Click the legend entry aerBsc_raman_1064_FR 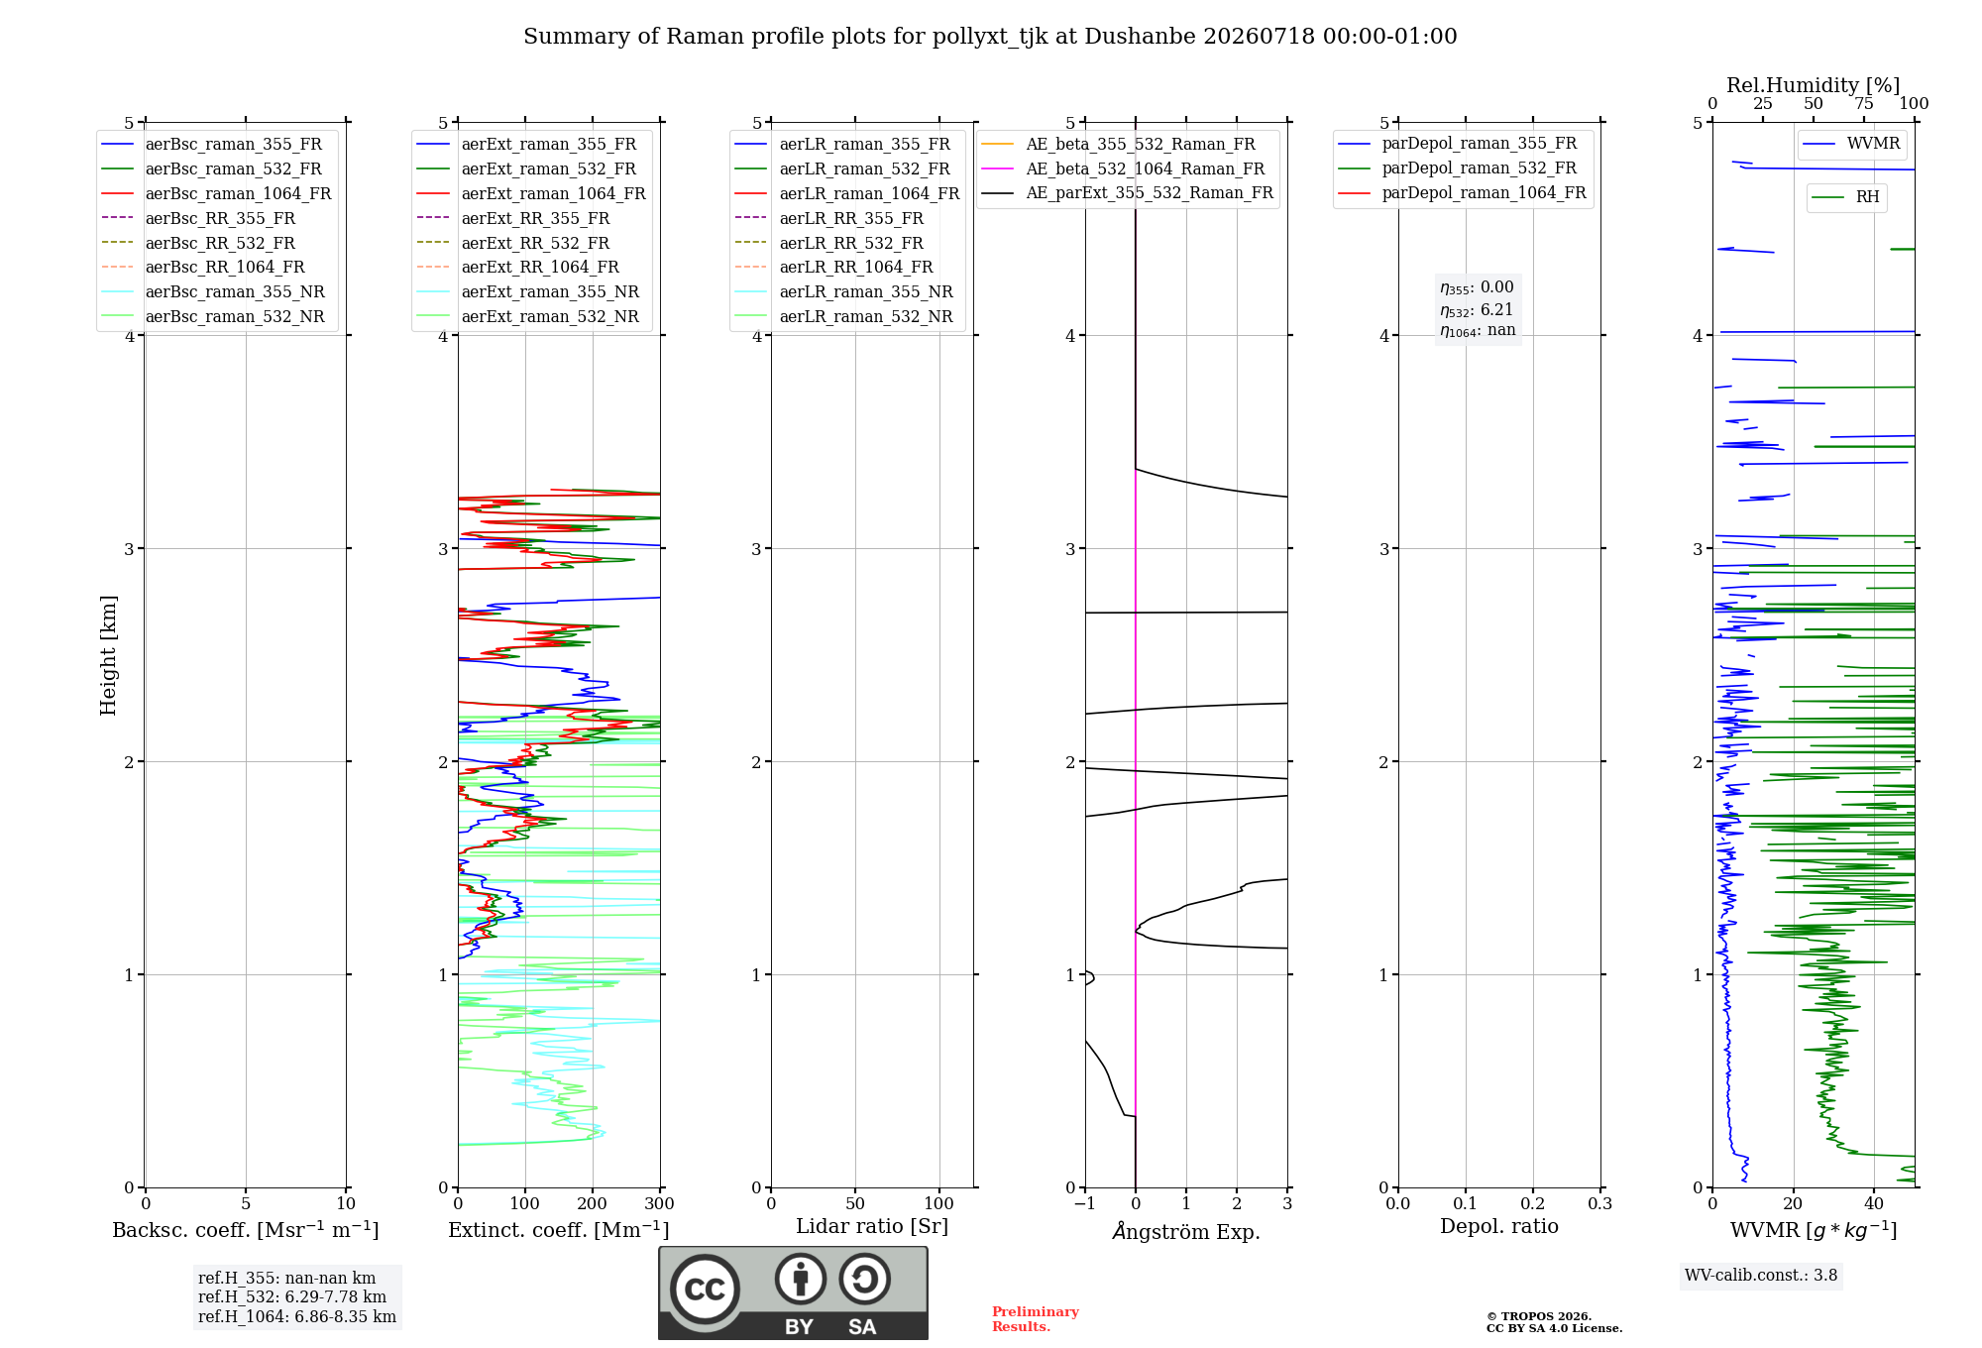tap(216, 194)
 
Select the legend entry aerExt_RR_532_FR tap(513, 243)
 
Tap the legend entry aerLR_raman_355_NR tap(843, 292)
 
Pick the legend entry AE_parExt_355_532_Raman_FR tap(1128, 193)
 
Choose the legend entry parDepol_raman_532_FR tap(1458, 168)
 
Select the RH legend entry tap(1846, 197)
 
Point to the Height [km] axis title tap(108, 655)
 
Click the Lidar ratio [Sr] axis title tap(872, 1226)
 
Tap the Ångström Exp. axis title tap(1186, 1231)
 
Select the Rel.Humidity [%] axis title tap(1814, 85)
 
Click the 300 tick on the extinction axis tap(659, 1203)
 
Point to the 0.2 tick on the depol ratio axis tap(1533, 1203)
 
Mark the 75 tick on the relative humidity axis tap(1864, 103)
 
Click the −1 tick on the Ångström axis tap(1085, 1203)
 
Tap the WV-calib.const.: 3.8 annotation tap(1761, 1276)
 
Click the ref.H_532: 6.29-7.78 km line tap(292, 1297)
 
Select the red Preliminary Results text tap(1036, 1319)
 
